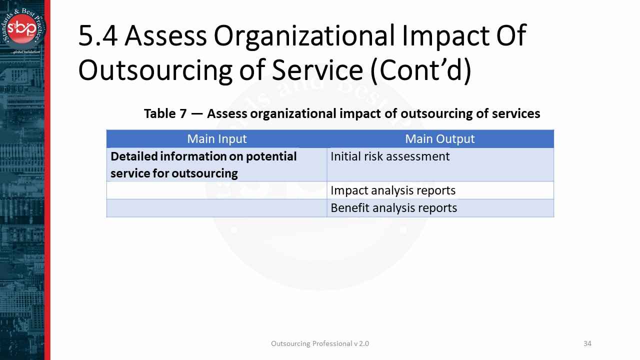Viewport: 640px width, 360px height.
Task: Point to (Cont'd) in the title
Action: coord(425,70)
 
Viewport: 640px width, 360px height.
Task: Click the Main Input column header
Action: coord(216,139)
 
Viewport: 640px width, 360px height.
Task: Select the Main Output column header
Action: coord(440,139)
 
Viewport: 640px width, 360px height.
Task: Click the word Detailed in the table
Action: coord(133,156)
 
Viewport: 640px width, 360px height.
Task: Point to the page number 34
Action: coord(587,343)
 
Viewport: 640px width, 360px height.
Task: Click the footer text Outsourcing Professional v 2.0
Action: coord(320,343)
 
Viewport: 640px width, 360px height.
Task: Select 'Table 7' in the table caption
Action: coord(165,113)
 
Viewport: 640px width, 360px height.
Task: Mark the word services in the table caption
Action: coord(515,113)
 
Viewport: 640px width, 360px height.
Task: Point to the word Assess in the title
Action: coord(165,36)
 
